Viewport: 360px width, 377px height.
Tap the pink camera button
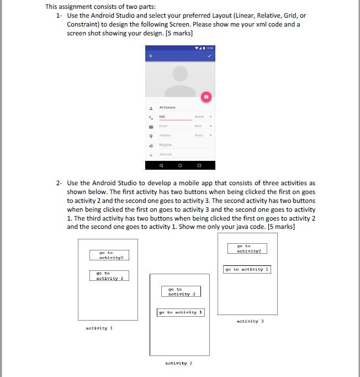tap(206, 96)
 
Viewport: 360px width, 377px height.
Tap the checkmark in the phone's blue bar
tap(209, 55)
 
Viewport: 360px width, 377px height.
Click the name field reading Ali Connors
tap(167, 107)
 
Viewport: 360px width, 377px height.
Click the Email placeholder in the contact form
tap(163, 126)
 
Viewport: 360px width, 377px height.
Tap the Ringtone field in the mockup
tap(166, 144)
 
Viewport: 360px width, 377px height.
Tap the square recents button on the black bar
tap(199, 165)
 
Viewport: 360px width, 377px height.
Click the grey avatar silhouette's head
tap(180, 74)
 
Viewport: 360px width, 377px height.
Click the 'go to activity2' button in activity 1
tap(111, 255)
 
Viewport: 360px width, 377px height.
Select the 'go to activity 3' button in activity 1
tap(109, 275)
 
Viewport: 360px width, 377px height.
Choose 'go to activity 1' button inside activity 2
tap(181, 312)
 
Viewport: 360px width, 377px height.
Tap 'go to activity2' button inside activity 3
tap(247, 248)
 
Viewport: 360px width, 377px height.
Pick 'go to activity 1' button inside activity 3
tap(247, 269)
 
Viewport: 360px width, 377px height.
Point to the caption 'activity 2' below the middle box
tap(179, 363)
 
